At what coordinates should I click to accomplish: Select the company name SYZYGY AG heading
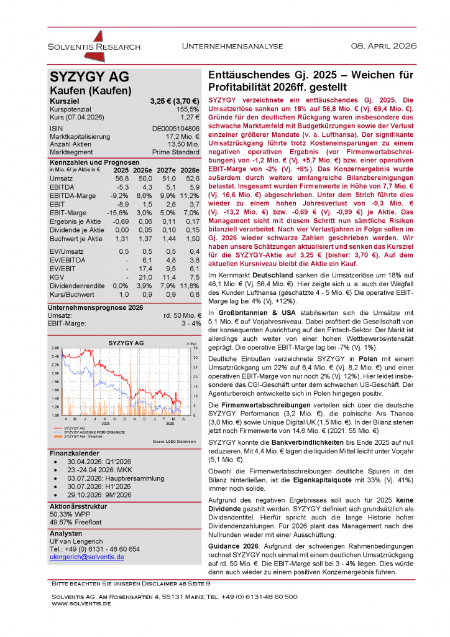(90, 77)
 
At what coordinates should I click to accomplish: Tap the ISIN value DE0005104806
(175, 128)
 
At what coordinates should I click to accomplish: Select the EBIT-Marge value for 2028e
(190, 213)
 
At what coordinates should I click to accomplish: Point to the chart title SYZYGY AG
(126, 343)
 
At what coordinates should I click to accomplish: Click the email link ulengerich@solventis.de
(86, 557)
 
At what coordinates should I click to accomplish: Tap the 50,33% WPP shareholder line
(71, 514)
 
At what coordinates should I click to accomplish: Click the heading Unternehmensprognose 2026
(95, 307)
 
